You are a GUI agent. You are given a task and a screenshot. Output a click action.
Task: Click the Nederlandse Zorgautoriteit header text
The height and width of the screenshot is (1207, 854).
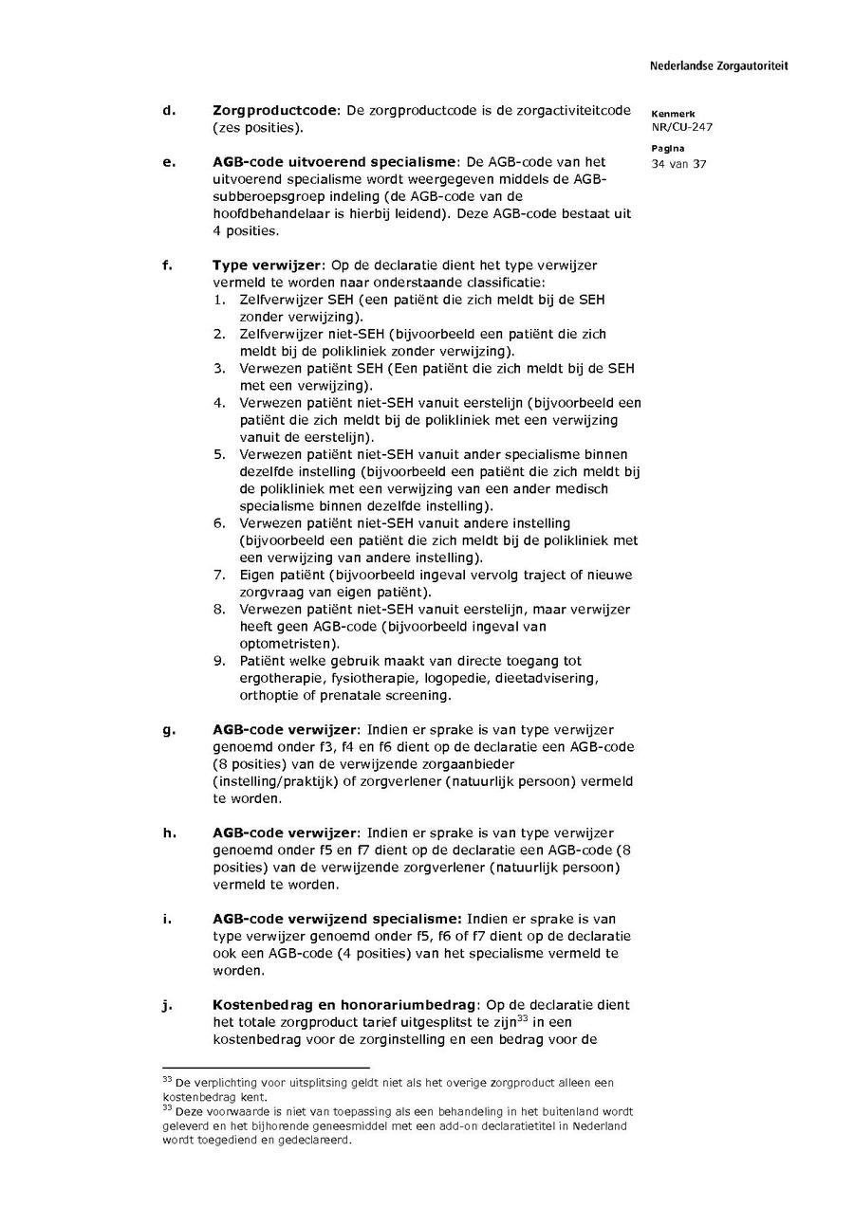tap(718, 66)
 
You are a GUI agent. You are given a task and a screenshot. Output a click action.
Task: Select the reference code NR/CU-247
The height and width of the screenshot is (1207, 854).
tap(681, 127)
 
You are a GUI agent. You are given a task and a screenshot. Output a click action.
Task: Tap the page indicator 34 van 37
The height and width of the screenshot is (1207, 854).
tap(678, 163)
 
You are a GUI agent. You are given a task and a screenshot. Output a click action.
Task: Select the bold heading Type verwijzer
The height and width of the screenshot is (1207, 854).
tap(269, 265)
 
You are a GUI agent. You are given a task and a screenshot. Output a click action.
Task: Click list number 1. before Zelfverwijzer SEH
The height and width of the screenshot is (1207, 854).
tap(219, 300)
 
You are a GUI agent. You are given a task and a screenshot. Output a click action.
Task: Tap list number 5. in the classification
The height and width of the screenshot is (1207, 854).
tap(219, 454)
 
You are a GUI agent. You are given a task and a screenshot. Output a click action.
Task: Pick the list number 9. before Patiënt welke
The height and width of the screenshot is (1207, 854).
tap(219, 661)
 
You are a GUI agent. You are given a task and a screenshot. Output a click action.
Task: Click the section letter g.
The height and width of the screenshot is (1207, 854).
tap(169, 730)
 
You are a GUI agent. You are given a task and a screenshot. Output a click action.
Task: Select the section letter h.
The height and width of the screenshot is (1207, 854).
tap(169, 833)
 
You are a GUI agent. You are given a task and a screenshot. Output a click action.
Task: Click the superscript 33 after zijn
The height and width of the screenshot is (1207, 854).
tap(522, 1018)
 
